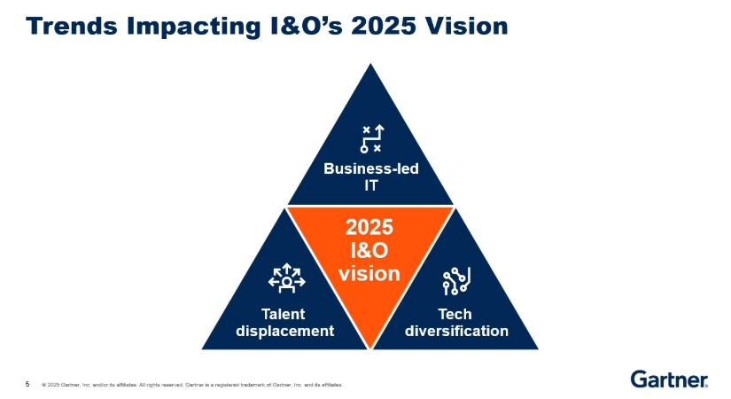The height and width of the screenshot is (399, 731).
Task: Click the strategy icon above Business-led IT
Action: [370, 139]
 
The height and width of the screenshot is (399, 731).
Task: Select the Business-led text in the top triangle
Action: [370, 169]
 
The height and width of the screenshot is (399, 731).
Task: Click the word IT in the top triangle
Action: [370, 186]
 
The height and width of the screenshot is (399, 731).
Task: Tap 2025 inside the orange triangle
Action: [369, 230]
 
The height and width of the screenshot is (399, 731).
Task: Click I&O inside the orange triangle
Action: [369, 252]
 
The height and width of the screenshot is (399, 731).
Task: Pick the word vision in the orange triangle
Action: [369, 274]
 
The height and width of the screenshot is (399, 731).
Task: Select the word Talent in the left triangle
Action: [285, 314]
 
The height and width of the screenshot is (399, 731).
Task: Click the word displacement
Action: [285, 331]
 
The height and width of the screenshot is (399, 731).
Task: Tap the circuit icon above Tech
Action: [455, 281]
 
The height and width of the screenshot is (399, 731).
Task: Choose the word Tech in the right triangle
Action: [455, 314]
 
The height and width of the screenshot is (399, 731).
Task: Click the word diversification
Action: [455, 331]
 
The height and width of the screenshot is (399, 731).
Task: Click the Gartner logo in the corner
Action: [669, 379]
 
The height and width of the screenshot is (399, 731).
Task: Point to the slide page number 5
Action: [27, 384]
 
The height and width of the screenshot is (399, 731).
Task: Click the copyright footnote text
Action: [191, 385]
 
